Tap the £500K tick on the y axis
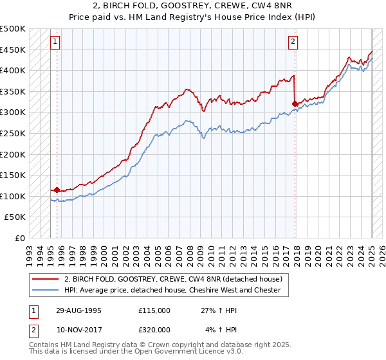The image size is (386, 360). point(13,29)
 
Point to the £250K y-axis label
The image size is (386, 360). point(13,133)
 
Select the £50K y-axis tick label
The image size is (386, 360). point(15,217)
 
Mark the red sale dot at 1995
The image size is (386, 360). point(57,190)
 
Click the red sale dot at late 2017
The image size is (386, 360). point(295,104)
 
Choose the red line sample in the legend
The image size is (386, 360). point(46,279)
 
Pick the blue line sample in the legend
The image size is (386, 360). point(46,290)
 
